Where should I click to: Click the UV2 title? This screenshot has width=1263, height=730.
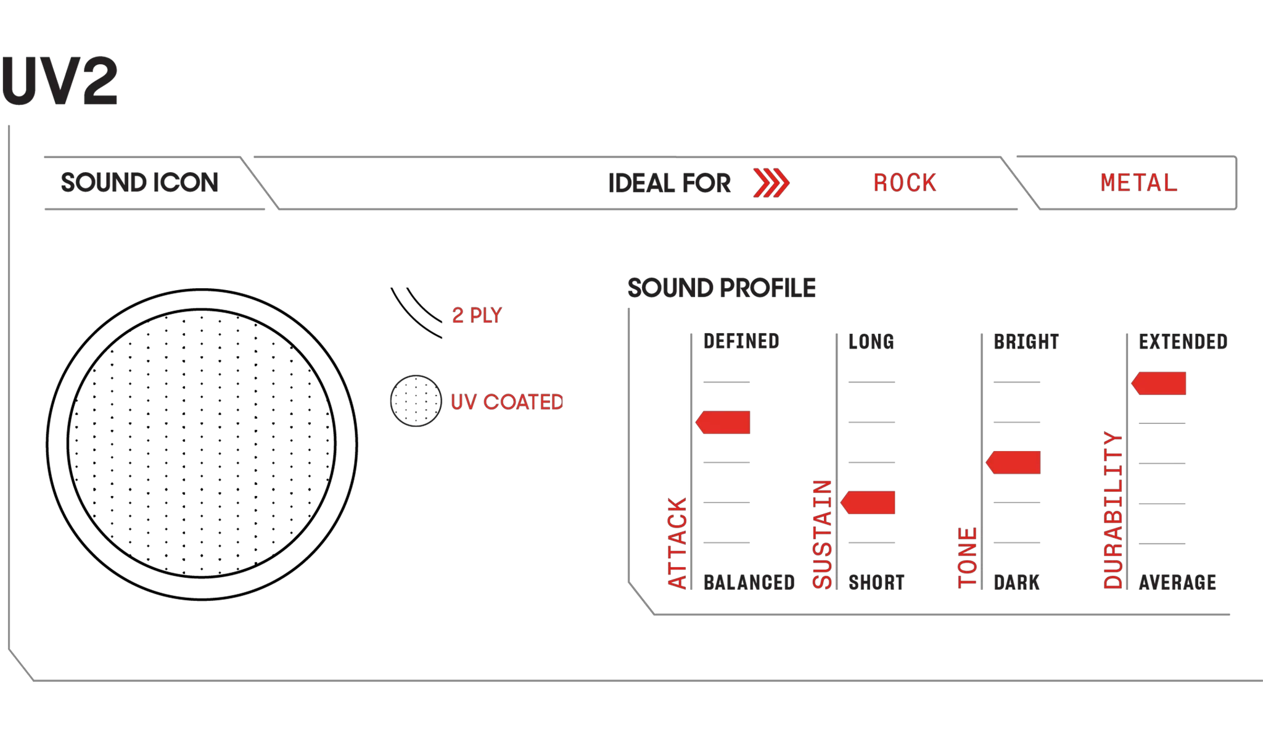tap(59, 81)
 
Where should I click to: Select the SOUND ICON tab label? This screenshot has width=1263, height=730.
tap(139, 183)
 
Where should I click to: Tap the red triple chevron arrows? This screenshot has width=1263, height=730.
tap(771, 183)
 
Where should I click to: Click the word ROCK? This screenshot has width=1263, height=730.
tap(905, 183)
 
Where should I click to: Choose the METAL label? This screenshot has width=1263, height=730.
tap(1139, 183)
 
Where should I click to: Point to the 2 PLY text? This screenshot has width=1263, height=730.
tap(477, 315)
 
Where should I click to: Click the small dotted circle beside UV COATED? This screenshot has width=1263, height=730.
tap(416, 401)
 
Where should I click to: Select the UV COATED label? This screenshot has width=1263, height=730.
tap(507, 402)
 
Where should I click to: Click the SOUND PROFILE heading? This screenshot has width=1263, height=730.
tap(722, 288)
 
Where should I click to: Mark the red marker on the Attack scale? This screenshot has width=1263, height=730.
tap(723, 423)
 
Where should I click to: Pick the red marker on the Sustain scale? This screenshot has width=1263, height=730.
tap(868, 502)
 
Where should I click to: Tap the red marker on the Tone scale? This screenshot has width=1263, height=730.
tap(1013, 462)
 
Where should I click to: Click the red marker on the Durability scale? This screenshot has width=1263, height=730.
tap(1159, 383)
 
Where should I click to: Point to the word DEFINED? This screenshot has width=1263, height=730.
tap(741, 341)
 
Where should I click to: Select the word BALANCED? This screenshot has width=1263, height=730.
tap(749, 583)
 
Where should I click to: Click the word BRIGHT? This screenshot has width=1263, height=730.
tap(1026, 342)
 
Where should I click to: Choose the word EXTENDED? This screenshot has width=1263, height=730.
tap(1183, 342)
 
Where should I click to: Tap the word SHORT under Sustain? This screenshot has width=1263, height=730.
tap(876, 583)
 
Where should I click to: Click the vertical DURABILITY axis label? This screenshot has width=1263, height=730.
tap(1113, 510)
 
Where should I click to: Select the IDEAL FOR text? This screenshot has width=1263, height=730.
tap(669, 183)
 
